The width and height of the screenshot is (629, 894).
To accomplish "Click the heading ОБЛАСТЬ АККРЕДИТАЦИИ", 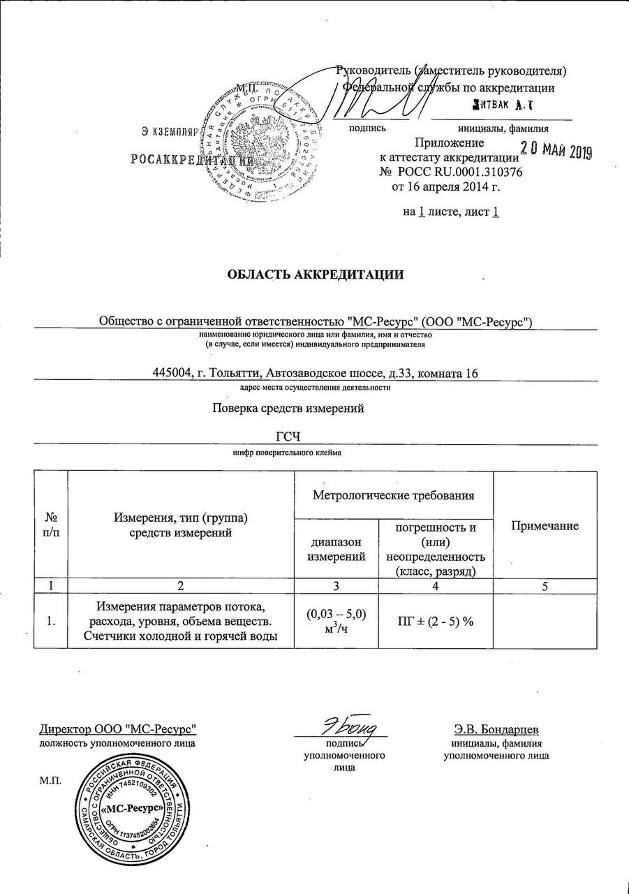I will pos(316,274).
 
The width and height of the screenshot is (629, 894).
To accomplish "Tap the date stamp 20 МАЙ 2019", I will pos(556,151).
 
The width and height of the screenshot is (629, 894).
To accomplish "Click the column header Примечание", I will pos(545,526).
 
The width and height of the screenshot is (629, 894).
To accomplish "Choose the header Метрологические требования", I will pos(394,495).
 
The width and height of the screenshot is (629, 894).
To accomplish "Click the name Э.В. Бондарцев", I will pos(496,729).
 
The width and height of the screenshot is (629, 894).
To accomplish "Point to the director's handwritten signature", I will pos(343,728).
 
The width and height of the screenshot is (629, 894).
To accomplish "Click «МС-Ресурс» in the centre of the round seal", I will pos(133,808).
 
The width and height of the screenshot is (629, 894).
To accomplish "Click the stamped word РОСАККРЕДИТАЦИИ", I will pos(190,159).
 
